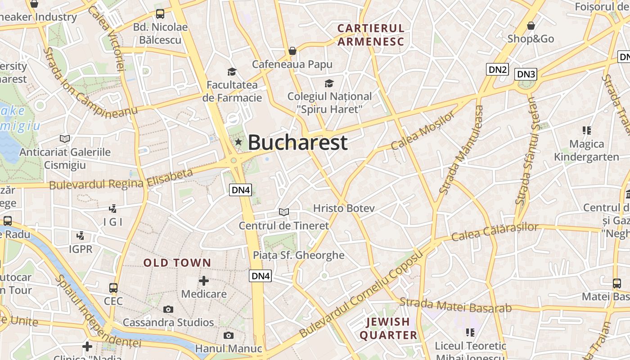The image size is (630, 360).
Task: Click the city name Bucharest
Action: [297, 143]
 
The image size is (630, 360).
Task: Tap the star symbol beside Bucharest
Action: [238, 142]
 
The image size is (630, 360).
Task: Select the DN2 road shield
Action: [498, 69]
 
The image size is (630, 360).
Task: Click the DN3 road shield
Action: [526, 74]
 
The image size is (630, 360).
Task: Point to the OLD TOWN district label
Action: [177, 263]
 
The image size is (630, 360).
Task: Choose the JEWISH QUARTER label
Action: [388, 328]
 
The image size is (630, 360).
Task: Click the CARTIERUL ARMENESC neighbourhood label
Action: [371, 35]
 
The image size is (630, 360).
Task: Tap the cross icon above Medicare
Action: [204, 281]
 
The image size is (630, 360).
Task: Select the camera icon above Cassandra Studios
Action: [168, 309]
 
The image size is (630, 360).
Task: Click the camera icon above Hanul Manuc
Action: [229, 335]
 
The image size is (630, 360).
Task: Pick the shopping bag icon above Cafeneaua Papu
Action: [292, 51]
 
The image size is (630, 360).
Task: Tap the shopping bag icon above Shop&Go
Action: [531, 26]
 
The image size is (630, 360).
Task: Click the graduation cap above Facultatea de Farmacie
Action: [232, 72]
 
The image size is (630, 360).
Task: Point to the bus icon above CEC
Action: [113, 288]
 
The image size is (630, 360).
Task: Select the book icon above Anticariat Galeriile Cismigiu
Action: [65, 139]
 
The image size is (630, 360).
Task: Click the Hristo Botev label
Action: [344, 208]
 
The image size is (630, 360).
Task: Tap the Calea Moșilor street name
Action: [423, 131]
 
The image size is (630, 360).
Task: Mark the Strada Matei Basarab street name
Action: [455, 305]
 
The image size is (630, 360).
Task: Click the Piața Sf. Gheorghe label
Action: [298, 255]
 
